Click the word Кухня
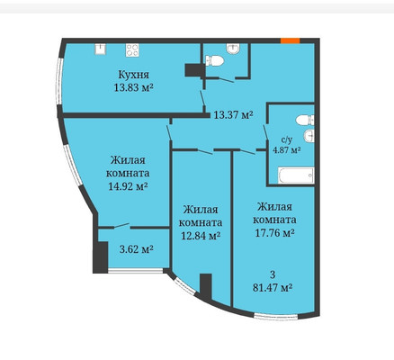click(x=134, y=75)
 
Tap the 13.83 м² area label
click(x=134, y=87)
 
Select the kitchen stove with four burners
click(x=132, y=50)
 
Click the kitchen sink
click(x=101, y=49)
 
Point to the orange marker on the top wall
click(x=290, y=40)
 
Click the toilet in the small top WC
click(x=215, y=60)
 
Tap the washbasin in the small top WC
click(x=233, y=49)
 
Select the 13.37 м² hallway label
click(x=234, y=114)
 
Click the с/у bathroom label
click(x=286, y=139)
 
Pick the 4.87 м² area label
click(x=286, y=149)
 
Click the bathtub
click(x=296, y=175)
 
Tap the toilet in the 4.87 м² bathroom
click(x=305, y=120)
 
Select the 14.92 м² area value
click(x=128, y=186)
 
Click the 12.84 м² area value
click(x=201, y=236)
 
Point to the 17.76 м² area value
click(x=274, y=232)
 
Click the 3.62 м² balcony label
click(x=137, y=249)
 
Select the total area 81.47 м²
click(x=273, y=288)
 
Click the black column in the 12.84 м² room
click(x=206, y=286)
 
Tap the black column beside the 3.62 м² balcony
click(x=100, y=257)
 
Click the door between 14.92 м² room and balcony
click(x=121, y=226)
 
